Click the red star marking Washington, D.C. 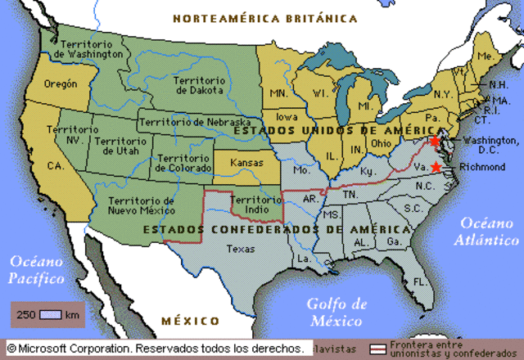434,142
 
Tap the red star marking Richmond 436,167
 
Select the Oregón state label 61,84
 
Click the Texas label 241,249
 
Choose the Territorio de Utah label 120,147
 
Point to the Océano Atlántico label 489,232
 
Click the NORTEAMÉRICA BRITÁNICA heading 264,17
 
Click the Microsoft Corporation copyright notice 156,348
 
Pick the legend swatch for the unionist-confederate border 378,349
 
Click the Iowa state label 287,116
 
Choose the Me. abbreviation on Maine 486,56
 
